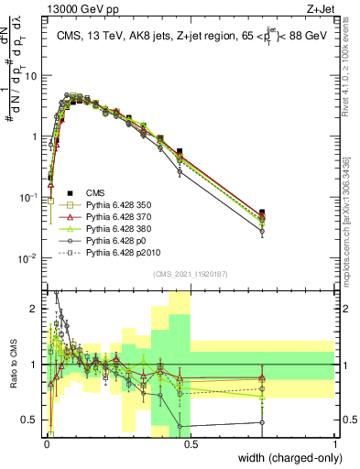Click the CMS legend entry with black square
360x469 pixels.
click(94, 193)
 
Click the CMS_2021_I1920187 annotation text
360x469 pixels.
click(191, 274)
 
